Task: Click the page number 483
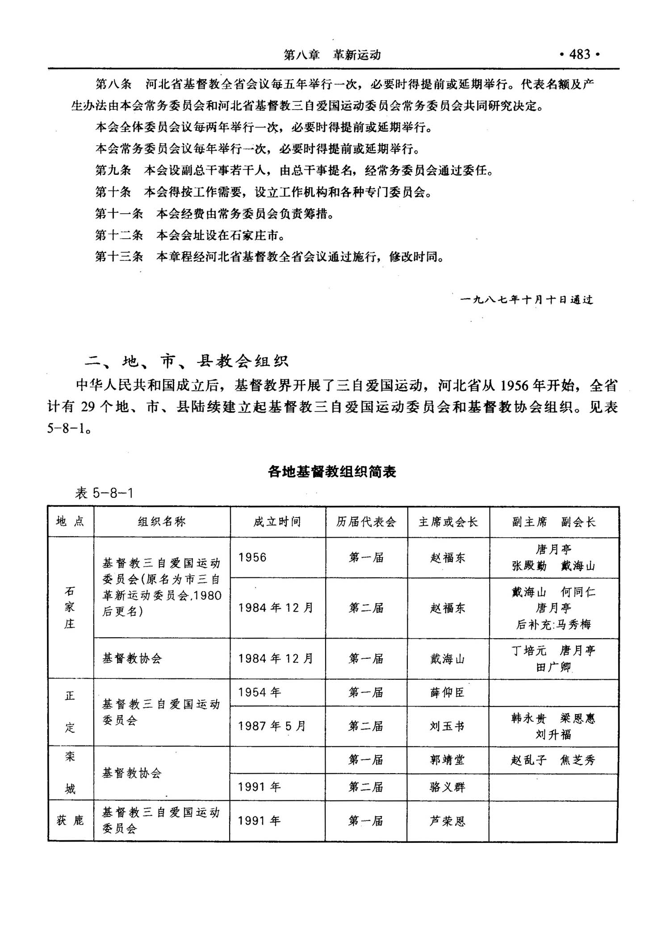(x=580, y=55)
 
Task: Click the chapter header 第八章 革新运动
(x=332, y=55)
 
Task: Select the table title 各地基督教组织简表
(x=332, y=472)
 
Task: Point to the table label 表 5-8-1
(x=104, y=493)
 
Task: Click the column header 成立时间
(x=277, y=522)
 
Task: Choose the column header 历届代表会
(x=366, y=522)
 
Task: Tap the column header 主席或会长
(x=448, y=522)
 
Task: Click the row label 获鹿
(x=71, y=821)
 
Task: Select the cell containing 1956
(x=252, y=557)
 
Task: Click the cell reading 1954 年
(x=259, y=692)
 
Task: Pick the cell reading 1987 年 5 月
(x=272, y=726)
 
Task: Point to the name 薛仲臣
(x=447, y=692)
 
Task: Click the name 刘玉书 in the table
(x=447, y=726)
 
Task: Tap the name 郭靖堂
(x=447, y=760)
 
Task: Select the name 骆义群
(x=447, y=787)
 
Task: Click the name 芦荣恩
(x=447, y=821)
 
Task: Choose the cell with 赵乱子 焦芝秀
(x=553, y=760)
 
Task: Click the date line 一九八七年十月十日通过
(x=527, y=300)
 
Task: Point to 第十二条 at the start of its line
(x=119, y=235)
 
